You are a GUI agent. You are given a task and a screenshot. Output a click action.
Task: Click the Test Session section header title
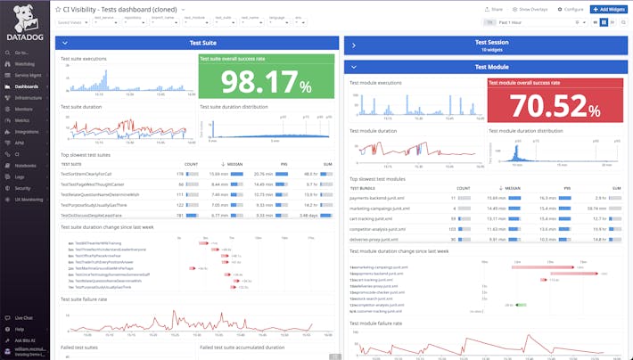click(x=492, y=41)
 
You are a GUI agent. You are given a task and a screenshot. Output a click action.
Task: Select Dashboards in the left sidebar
click(x=26, y=86)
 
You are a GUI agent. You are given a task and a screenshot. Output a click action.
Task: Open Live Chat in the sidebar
click(x=23, y=317)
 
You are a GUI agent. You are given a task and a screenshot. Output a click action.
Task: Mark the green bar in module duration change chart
click(x=509, y=304)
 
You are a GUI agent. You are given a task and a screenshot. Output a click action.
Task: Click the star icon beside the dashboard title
click(x=58, y=8)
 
